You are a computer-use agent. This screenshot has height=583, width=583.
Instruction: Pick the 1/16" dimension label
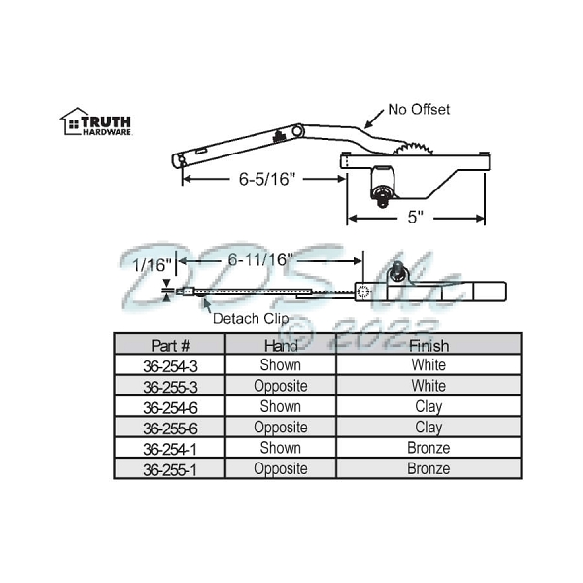coord(152,264)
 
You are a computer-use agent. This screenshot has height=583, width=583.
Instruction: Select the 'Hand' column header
coord(280,345)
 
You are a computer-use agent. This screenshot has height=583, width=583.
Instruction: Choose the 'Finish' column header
coord(429,345)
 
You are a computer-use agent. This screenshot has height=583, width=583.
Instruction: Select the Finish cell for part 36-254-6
coord(429,407)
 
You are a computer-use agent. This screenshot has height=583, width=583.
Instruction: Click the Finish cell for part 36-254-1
coord(429,448)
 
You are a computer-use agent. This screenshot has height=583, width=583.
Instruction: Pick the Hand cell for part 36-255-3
coord(280,386)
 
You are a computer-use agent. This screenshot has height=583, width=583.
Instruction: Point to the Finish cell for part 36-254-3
coord(429,365)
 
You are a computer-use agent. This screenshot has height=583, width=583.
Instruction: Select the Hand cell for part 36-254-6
coord(280,407)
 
